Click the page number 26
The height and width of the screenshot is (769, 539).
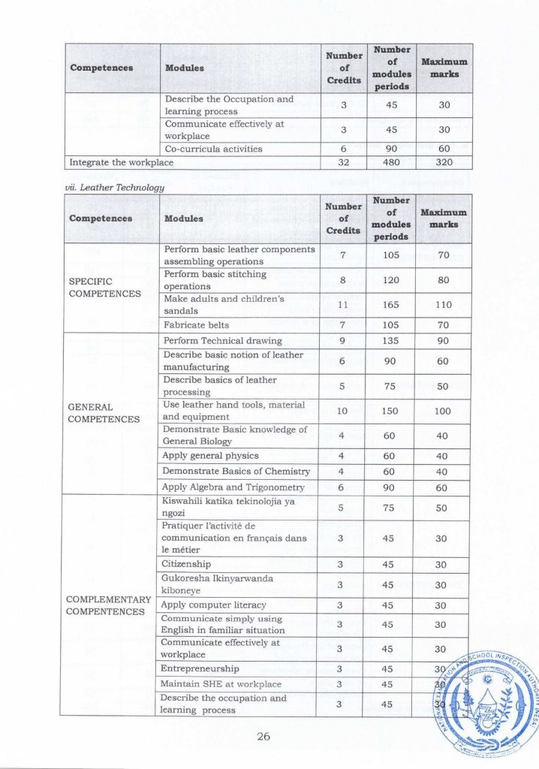263,736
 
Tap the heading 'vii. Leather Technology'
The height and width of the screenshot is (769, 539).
116,187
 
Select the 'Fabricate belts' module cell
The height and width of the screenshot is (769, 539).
191,324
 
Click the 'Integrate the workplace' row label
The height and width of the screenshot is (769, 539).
121,161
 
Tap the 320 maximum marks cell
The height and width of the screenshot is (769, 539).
443,161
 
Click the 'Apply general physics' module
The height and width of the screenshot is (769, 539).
210,455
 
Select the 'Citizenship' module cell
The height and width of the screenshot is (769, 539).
186,563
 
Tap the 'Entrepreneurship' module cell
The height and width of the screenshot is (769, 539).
200,668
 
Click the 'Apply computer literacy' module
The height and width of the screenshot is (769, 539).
213,605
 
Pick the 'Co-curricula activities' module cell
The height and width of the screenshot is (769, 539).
213,149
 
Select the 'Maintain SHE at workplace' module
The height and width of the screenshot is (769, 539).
221,683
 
